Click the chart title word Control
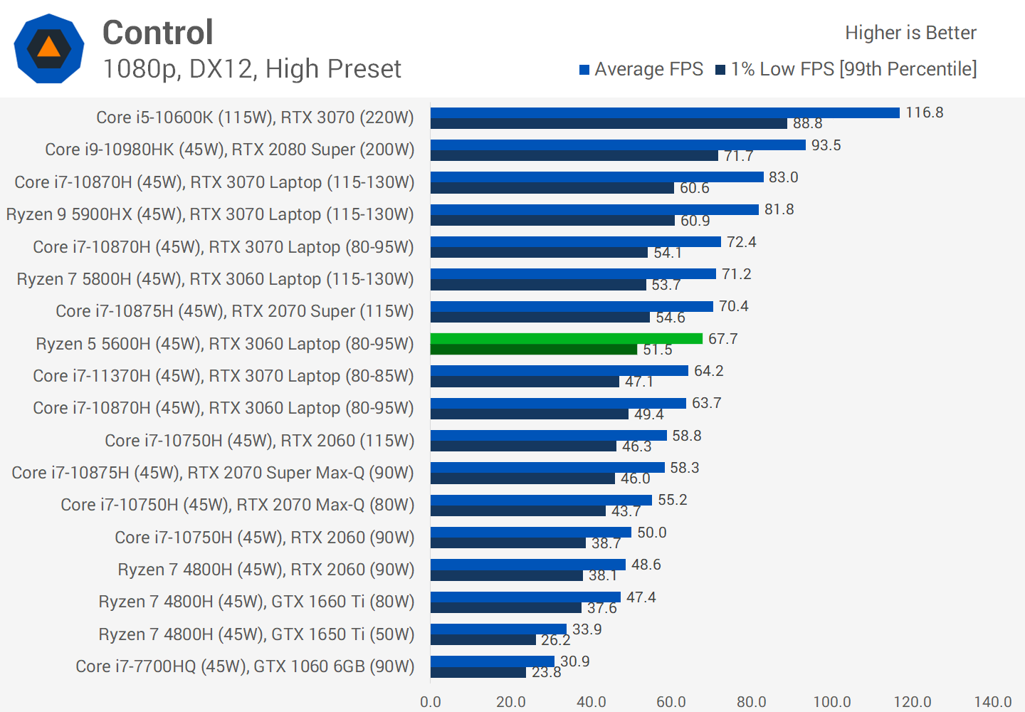[157, 33]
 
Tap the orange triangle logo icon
[48, 48]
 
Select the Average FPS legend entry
[641, 69]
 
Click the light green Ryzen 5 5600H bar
[566, 339]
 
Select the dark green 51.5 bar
[534, 350]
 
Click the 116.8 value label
[924, 112]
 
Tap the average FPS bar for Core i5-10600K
[665, 112]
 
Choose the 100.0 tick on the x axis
[831, 702]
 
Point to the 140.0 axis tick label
[992, 702]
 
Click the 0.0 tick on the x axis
[431, 702]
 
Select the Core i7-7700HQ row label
[245, 666]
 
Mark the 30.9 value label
[574, 661]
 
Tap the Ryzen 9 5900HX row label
[210, 214]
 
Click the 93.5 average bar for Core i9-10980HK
[618, 145]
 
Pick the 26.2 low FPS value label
[555, 640]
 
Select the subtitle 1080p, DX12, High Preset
[251, 69]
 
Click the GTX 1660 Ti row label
[256, 602]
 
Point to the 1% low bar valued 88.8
[609, 124]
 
